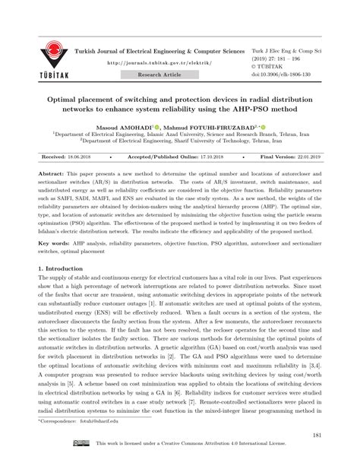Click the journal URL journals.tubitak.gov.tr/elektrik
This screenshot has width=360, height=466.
coord(157,64)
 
